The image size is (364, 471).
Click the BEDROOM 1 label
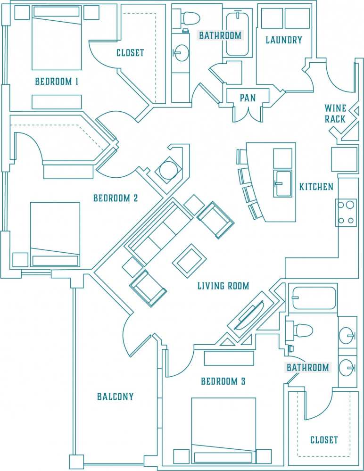pos(57,82)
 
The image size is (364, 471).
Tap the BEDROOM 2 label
pos(116,198)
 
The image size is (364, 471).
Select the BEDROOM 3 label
pos(223,381)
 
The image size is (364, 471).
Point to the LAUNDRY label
pos(283,40)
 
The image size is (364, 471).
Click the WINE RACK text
pos(335,114)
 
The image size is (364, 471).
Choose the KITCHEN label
pos(316,187)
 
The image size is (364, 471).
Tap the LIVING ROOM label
pos(223,286)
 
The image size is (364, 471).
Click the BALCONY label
pos(116,397)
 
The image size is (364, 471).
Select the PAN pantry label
pos(248,98)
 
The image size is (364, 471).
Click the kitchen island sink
pos(282,184)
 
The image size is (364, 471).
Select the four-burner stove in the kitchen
pos(346,213)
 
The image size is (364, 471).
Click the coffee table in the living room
pos(190,260)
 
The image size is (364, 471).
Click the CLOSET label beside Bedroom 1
pos(130,53)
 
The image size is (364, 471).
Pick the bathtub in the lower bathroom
pos(313,297)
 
